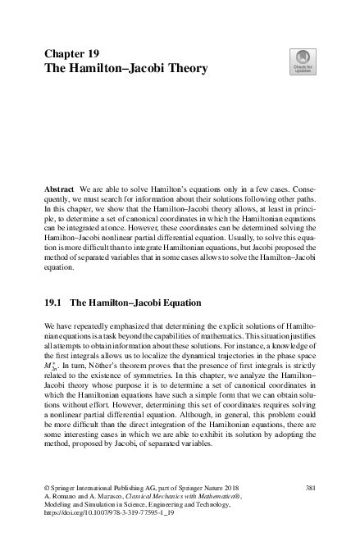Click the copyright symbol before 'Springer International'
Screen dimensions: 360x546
coord(46,488)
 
